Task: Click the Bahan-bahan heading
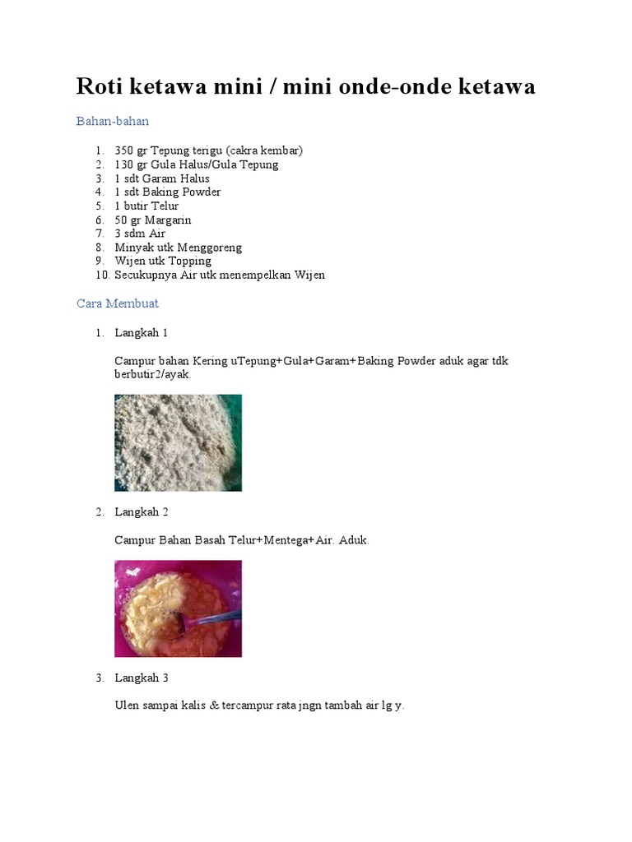tap(113, 121)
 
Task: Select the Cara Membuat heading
tap(117, 303)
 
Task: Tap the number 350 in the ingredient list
tap(124, 150)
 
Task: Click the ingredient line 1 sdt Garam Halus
tap(162, 178)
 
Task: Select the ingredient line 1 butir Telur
tap(146, 206)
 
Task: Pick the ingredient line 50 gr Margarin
tap(153, 220)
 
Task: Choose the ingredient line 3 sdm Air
tap(140, 234)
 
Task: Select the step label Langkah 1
tap(142, 332)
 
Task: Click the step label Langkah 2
tap(142, 511)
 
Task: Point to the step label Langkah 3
tap(142, 678)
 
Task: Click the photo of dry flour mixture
tap(178, 442)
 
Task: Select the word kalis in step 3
tap(193, 706)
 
